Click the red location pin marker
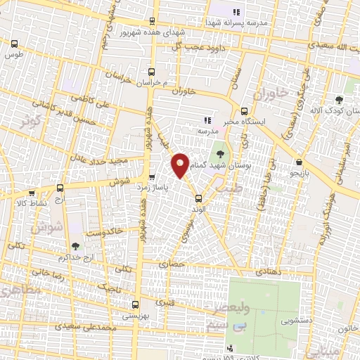[180, 165]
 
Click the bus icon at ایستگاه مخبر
[245, 110]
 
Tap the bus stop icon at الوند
[198, 198]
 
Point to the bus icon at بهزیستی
[136, 305]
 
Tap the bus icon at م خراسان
[152, 71]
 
